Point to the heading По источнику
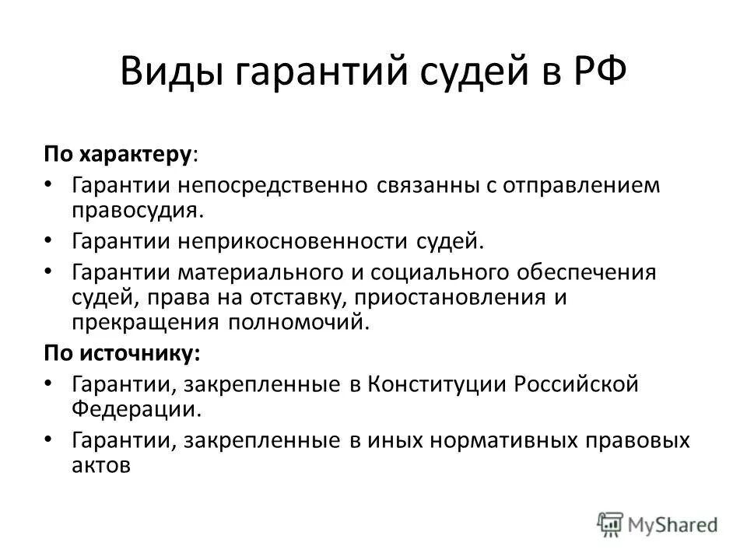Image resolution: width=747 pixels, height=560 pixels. tap(121, 353)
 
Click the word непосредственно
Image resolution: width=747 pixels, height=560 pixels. tap(275, 187)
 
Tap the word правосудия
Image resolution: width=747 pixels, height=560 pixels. tap(138, 209)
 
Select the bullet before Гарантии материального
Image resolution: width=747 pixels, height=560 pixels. tap(49, 273)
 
